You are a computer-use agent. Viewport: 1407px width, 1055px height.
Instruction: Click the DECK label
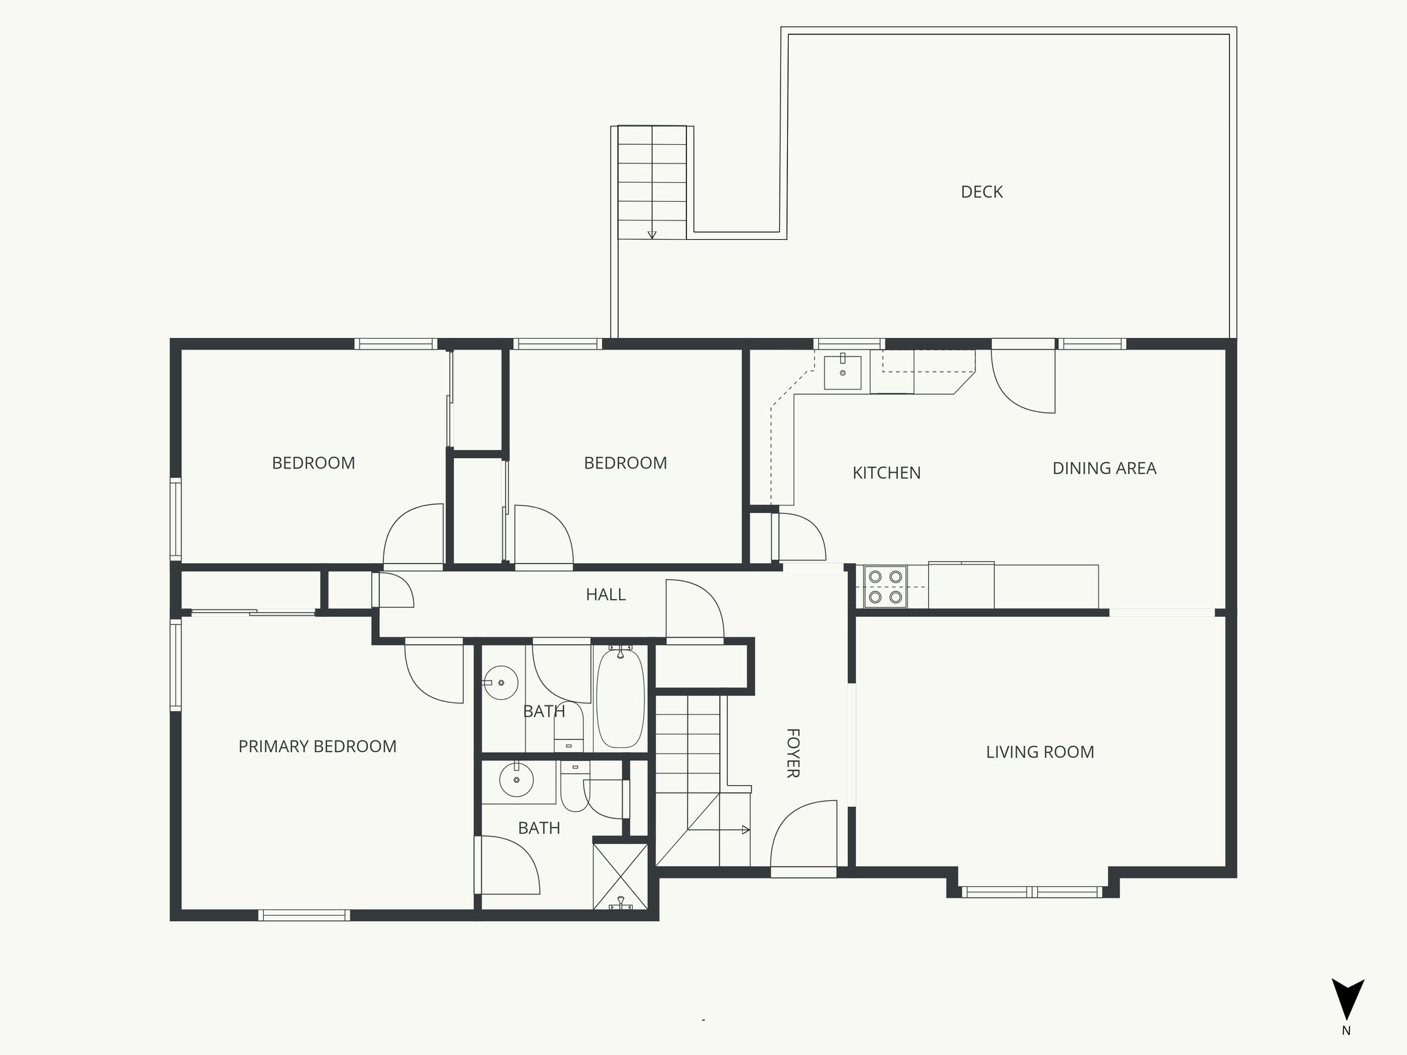coord(981,192)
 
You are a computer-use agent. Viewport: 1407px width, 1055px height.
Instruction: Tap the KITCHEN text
coord(886,473)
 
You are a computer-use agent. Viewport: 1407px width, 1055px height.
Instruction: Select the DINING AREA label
coord(1104,468)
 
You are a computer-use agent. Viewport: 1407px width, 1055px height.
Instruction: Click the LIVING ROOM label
coord(1039,752)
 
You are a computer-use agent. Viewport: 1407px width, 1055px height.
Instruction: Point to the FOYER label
coord(792,753)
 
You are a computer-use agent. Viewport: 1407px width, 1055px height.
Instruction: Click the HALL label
coord(605,595)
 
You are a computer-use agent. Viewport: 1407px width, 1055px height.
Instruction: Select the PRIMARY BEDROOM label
coord(317,747)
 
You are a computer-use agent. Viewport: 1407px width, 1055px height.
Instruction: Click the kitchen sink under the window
coord(842,372)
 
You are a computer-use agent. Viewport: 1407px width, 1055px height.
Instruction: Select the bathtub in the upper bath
coord(620,698)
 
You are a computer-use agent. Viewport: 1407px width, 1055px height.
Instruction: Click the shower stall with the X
coord(620,876)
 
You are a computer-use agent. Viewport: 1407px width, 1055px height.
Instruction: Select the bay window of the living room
coord(1033,892)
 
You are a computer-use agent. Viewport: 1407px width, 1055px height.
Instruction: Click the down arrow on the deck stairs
coord(652,234)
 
